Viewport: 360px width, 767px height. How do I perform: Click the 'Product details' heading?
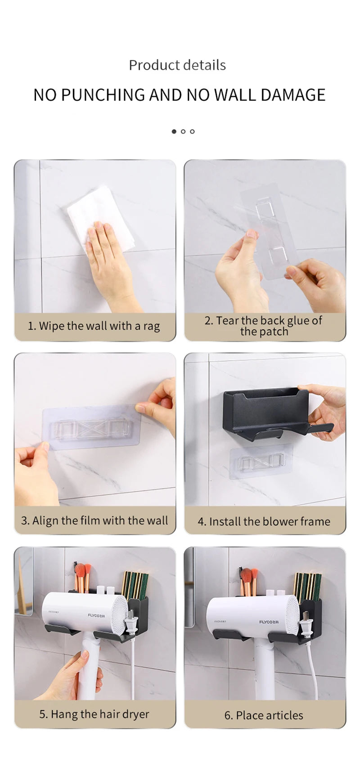coord(177,65)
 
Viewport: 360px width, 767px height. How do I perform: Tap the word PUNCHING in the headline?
coord(102,95)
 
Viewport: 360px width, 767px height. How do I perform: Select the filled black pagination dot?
coord(174,131)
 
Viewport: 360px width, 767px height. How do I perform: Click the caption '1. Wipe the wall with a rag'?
coord(94,326)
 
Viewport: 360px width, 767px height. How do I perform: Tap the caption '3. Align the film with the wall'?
coord(94,520)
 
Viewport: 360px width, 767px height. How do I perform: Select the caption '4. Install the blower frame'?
coord(264,521)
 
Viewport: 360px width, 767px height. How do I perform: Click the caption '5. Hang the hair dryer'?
coord(94,714)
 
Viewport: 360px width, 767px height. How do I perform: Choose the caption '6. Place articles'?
coord(264,715)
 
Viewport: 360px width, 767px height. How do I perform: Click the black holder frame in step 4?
coord(265,409)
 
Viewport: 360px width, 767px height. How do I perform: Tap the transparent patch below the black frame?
coord(261,462)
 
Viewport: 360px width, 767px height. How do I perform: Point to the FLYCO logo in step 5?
coord(96,615)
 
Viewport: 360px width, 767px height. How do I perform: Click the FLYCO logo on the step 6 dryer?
coord(269,622)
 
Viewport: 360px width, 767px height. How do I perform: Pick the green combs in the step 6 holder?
coord(309,585)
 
